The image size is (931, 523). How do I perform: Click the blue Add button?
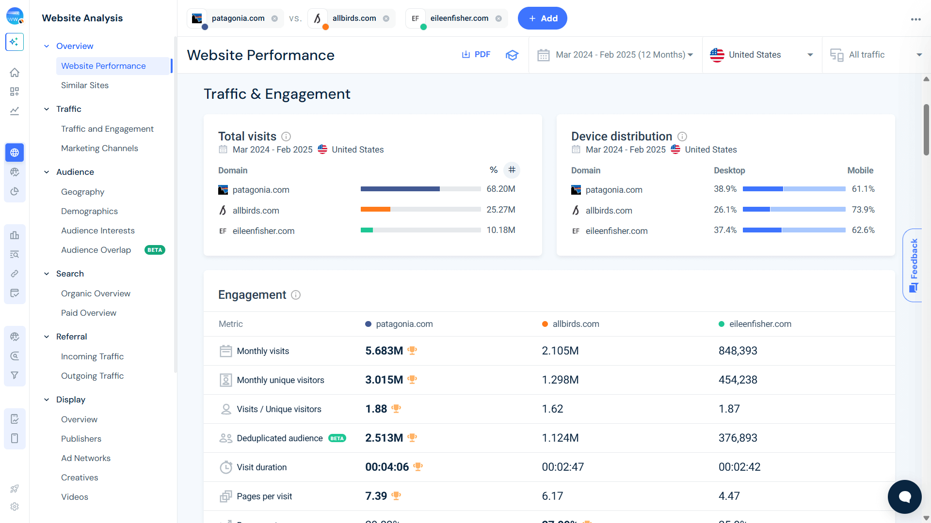pyautogui.click(x=542, y=18)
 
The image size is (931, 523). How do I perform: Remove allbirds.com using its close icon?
pyautogui.click(x=386, y=18)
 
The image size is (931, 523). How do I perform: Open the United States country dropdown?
pyautogui.click(x=761, y=55)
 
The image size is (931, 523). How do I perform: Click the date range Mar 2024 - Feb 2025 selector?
pyautogui.click(x=616, y=55)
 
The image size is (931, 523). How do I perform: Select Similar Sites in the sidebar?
pyautogui.click(x=85, y=85)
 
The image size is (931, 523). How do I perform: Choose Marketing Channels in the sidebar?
pyautogui.click(x=99, y=148)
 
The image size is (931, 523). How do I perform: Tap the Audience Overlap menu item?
pyautogui.click(x=96, y=250)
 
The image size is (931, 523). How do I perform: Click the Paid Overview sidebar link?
pyautogui.click(x=89, y=313)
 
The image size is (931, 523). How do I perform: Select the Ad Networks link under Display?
pyautogui.click(x=86, y=458)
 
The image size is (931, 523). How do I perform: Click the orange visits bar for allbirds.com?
pyautogui.click(x=375, y=210)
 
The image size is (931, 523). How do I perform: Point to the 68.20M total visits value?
pyautogui.click(x=501, y=189)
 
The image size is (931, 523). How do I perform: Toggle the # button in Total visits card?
pyautogui.click(x=512, y=170)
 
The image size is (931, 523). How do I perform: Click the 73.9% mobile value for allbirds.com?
pyautogui.click(x=863, y=210)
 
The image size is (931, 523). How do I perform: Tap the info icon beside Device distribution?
pyautogui.click(x=682, y=137)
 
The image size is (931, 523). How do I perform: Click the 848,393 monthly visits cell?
pyautogui.click(x=738, y=351)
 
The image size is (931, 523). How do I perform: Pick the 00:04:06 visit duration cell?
pyautogui.click(x=387, y=467)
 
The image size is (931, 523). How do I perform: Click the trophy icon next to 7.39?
pyautogui.click(x=396, y=495)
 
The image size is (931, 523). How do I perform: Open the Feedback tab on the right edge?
pyautogui.click(x=913, y=265)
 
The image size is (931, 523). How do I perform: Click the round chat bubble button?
pyautogui.click(x=904, y=497)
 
